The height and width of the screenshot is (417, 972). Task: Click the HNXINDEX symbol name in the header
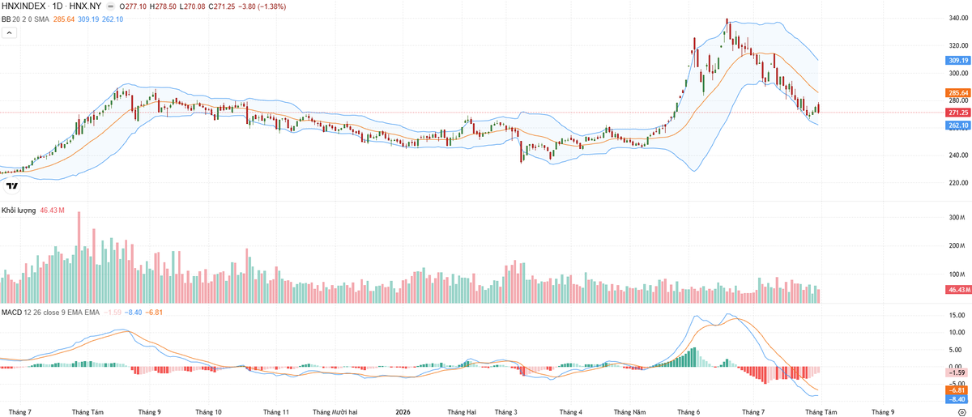pos(23,6)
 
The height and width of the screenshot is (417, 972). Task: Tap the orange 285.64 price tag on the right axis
pos(958,93)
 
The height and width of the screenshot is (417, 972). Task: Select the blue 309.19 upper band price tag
pos(958,60)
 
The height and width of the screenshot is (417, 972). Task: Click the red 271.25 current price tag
pos(958,113)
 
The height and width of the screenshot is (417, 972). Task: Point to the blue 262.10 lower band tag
pos(958,126)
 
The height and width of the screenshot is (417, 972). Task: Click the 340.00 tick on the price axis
pos(958,19)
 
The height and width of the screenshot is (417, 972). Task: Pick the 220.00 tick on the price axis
pos(958,183)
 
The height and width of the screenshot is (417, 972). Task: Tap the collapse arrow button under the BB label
pos(9,32)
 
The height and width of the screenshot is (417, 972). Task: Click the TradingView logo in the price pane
pos(12,186)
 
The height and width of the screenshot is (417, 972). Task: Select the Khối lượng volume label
pos(19,211)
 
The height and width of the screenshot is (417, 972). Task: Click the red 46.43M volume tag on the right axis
pos(958,289)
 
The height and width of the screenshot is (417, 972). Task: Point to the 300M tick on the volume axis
pos(957,217)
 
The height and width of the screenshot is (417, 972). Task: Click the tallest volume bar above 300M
pos(79,257)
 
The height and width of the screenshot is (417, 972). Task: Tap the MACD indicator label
pos(11,313)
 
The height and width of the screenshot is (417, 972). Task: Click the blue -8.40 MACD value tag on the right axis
pos(958,399)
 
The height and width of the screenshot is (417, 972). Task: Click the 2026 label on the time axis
pos(403,412)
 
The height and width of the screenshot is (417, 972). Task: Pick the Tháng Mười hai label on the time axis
pos(335,412)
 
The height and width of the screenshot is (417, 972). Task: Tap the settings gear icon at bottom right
pos(962,412)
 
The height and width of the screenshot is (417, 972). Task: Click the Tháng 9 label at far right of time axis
pos(883,412)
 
